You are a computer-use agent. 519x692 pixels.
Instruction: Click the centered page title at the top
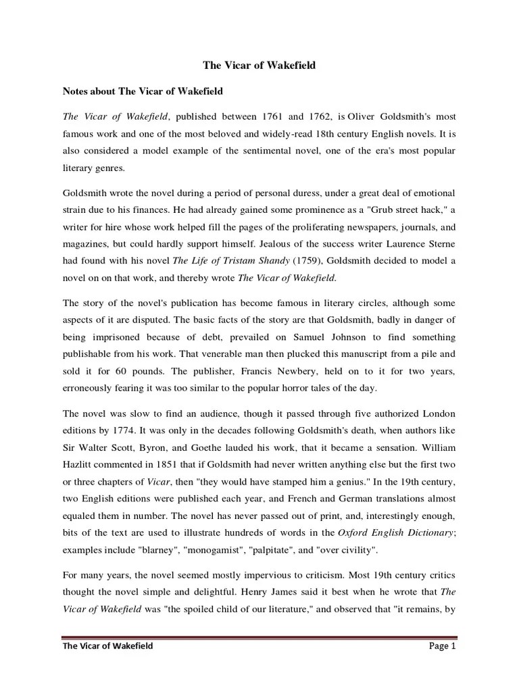tap(259, 66)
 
